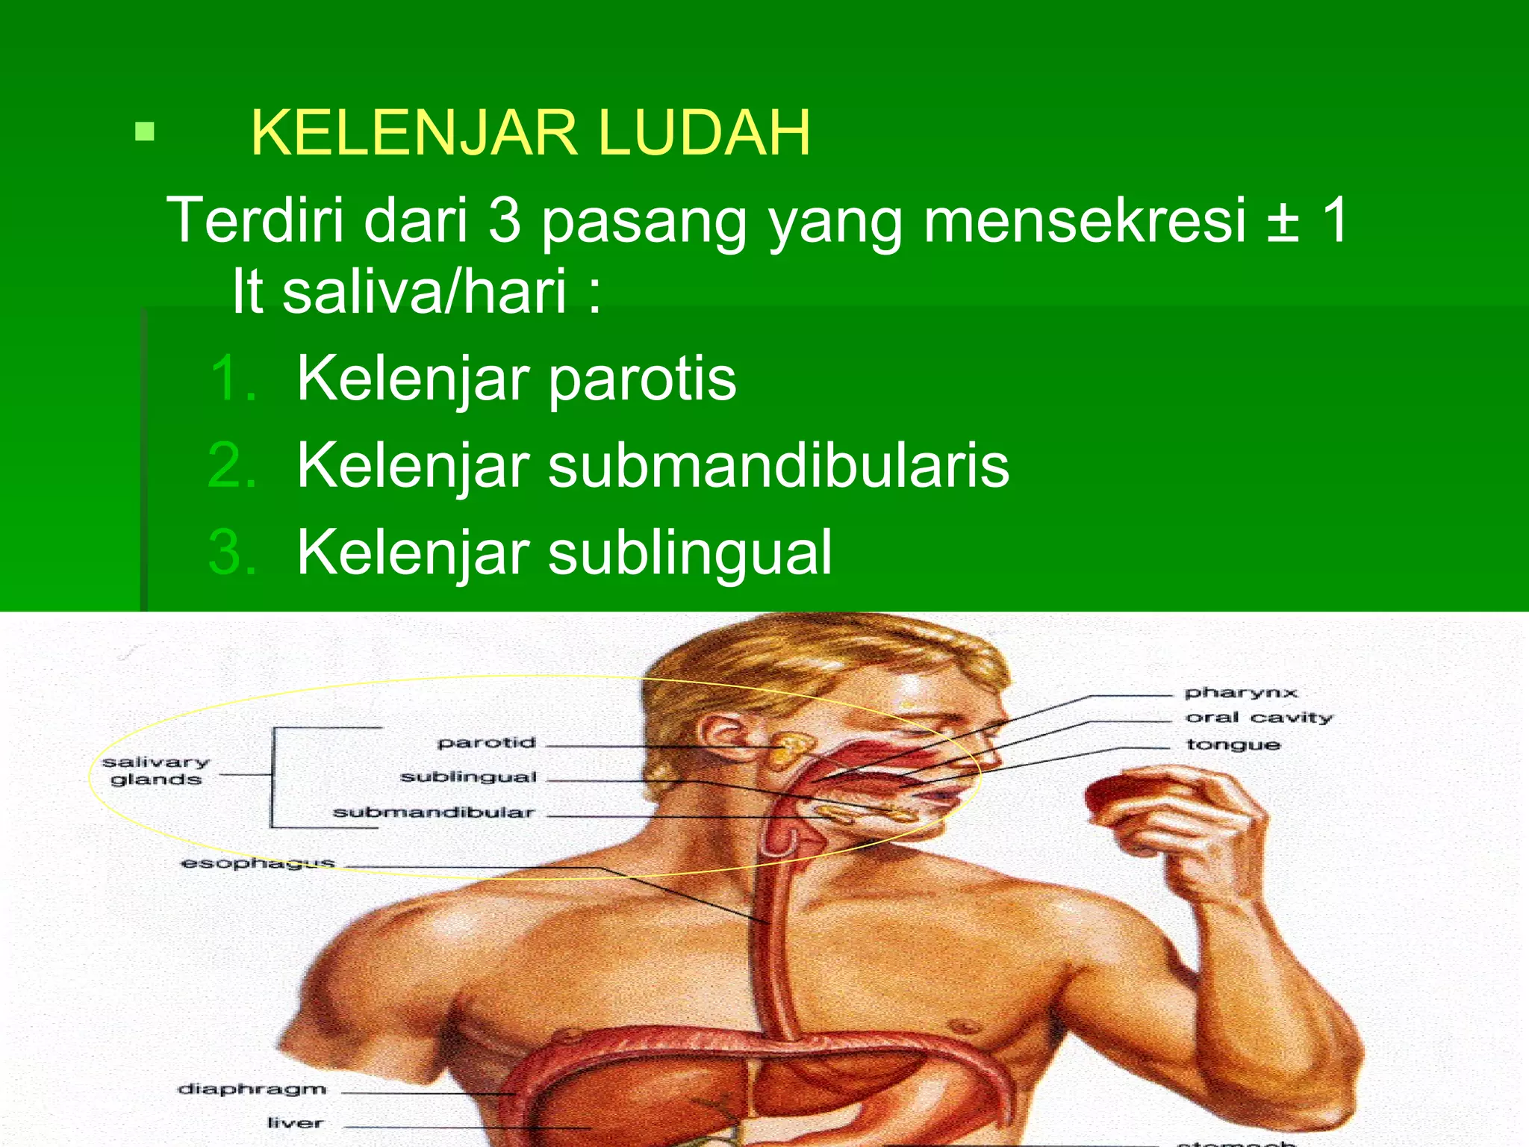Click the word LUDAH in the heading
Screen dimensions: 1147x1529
click(703, 133)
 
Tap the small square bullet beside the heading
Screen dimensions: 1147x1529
click(144, 133)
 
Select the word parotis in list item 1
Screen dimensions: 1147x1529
click(642, 379)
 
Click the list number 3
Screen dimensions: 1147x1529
click(232, 553)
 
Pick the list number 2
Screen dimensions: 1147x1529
click(232, 465)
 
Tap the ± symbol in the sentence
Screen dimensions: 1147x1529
click(1283, 220)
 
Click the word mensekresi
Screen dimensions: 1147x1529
click(1085, 220)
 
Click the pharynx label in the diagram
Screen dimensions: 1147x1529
click(1241, 692)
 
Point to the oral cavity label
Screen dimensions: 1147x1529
click(1259, 718)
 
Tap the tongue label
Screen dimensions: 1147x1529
click(1233, 745)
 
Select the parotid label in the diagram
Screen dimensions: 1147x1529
click(487, 742)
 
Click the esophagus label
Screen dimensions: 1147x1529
click(258, 863)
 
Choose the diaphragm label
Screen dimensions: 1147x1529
click(252, 1089)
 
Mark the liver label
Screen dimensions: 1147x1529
click(295, 1122)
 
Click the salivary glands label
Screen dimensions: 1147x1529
click(156, 771)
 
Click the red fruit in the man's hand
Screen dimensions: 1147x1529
click(1120, 794)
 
